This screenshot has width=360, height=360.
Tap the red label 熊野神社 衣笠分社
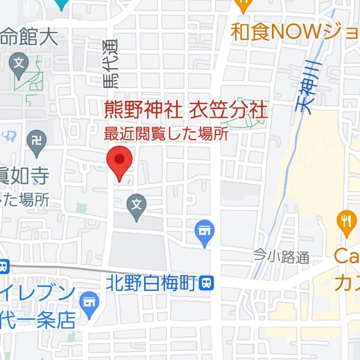point(186,109)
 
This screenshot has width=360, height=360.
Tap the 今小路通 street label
point(281,258)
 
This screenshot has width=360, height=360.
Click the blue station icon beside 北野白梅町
point(207,283)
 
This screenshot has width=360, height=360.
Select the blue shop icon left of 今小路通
point(204,231)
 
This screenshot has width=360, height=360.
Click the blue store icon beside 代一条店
point(89,302)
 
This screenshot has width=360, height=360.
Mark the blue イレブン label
point(37,293)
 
